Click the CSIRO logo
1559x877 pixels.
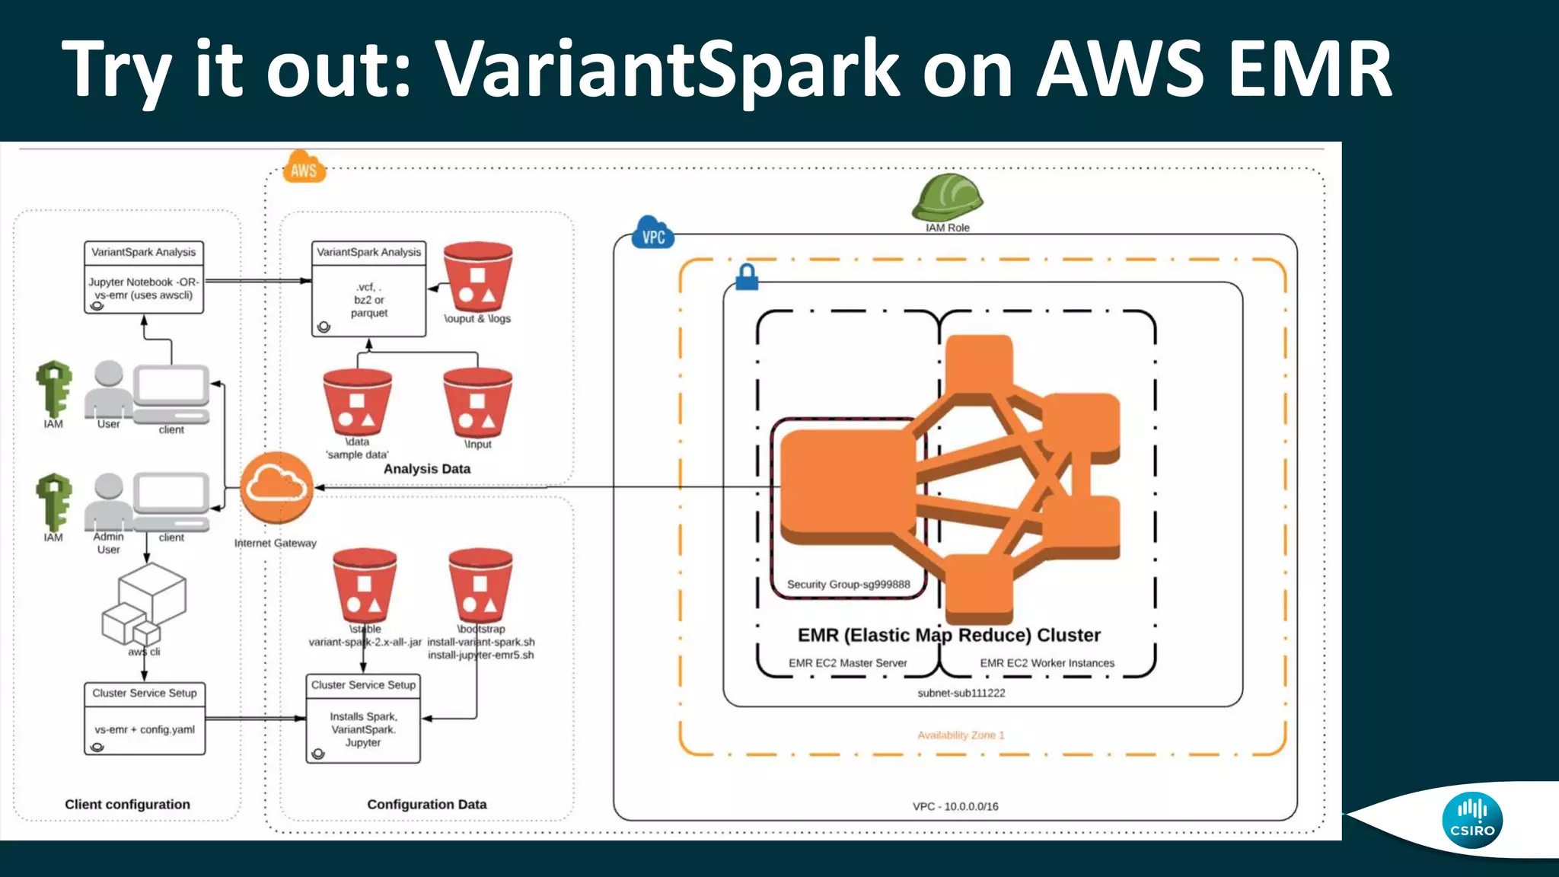pos(1471,821)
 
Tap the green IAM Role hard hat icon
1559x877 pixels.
pos(947,197)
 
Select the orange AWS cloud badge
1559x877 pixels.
pos(304,168)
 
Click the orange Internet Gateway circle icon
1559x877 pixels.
pos(276,488)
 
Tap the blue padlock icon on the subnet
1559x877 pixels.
pos(747,277)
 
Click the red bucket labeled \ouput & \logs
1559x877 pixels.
pos(477,277)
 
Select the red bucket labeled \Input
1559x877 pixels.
pos(477,403)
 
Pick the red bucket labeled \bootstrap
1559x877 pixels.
pos(480,585)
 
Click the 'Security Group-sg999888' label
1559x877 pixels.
pos(848,585)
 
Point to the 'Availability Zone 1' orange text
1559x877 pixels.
pos(961,735)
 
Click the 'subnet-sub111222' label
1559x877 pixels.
pos(961,694)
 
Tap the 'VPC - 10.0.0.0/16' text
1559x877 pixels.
pos(955,806)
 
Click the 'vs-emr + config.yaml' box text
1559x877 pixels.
pos(145,729)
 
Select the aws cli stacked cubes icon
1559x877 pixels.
pos(145,606)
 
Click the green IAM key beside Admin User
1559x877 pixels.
pos(54,502)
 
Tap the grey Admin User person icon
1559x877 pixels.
pos(108,502)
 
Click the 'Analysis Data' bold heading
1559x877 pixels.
pos(426,469)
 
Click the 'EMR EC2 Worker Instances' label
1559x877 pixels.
pos(1047,663)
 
